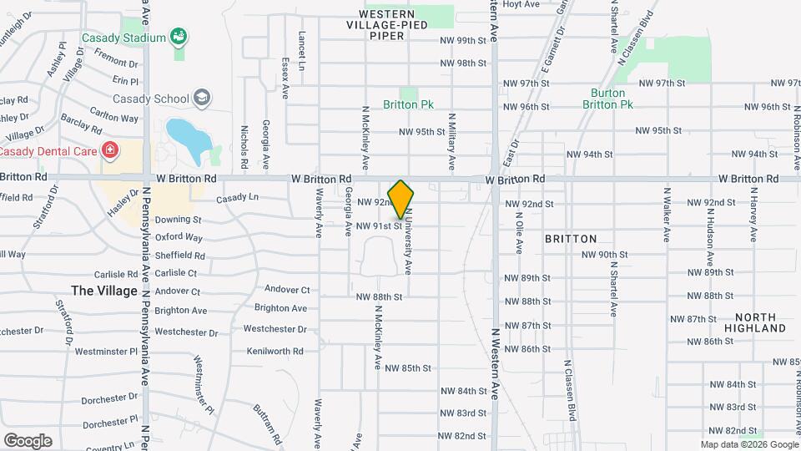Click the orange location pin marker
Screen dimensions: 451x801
(401, 199)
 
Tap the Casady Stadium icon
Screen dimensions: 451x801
(177, 36)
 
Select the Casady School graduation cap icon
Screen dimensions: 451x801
(200, 99)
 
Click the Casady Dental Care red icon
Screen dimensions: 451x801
(109, 150)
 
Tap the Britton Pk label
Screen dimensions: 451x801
(408, 105)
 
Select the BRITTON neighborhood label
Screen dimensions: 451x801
(571, 239)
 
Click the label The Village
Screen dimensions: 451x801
(104, 291)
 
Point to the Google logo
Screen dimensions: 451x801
(28, 441)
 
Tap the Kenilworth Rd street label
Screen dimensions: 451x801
(275, 352)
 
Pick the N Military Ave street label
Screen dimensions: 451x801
(451, 139)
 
